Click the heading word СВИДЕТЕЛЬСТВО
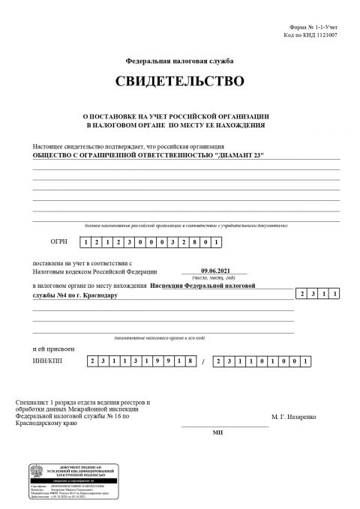pyautogui.click(x=179, y=79)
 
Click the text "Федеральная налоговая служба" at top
pyautogui.click(x=179, y=58)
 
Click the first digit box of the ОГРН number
pyautogui.click(x=87, y=243)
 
